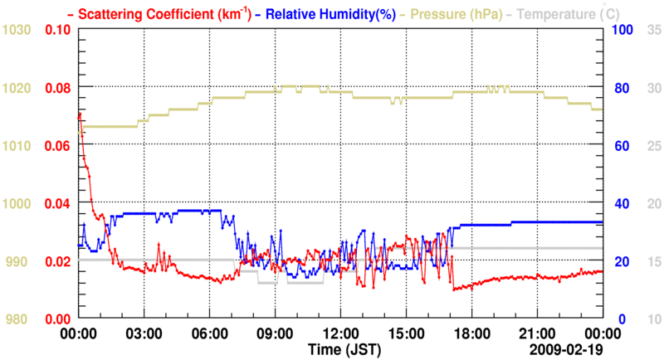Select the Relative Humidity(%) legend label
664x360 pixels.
(x=329, y=13)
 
